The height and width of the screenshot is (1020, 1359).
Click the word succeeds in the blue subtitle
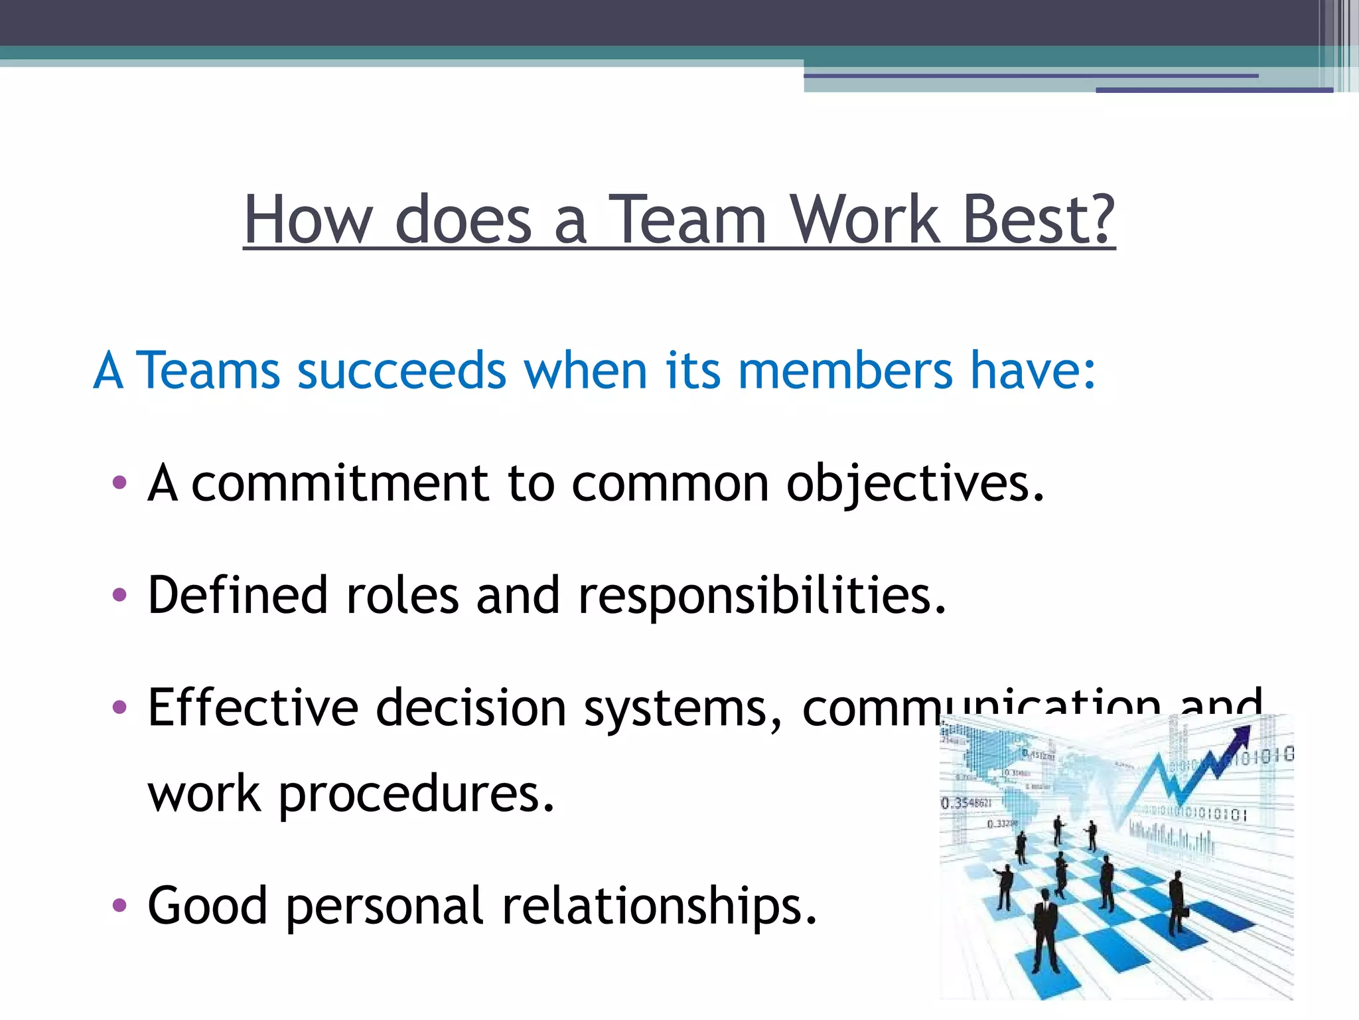tap(402, 370)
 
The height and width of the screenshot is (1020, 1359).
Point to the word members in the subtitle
tap(845, 370)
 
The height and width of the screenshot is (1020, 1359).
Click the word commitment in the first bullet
tap(340, 483)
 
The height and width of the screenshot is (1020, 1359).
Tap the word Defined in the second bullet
tap(238, 594)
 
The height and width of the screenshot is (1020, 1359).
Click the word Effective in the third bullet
tap(253, 707)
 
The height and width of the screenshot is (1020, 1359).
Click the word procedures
tap(416, 795)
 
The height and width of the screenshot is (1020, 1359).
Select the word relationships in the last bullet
tap(659, 906)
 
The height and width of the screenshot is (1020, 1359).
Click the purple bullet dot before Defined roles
tap(119, 595)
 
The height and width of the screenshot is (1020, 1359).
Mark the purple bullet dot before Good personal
tap(119, 905)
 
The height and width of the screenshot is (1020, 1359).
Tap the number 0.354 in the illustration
tap(966, 803)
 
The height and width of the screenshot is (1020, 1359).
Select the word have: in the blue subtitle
tap(1033, 370)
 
